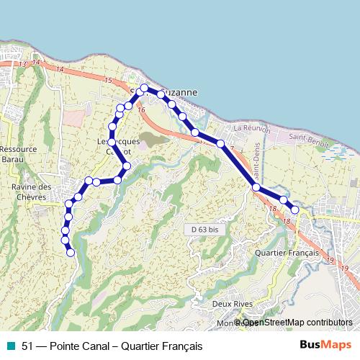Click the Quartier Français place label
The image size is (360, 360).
(287, 253)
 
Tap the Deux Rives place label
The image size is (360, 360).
(232, 304)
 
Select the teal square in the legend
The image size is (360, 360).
(10, 346)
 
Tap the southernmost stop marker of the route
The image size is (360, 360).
(71, 252)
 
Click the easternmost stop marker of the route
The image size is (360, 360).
(294, 210)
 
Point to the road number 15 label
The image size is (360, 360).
(108, 80)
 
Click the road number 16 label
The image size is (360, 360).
(141, 109)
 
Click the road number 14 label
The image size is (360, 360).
(59, 69)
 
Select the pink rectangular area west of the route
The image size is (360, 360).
(73, 116)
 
